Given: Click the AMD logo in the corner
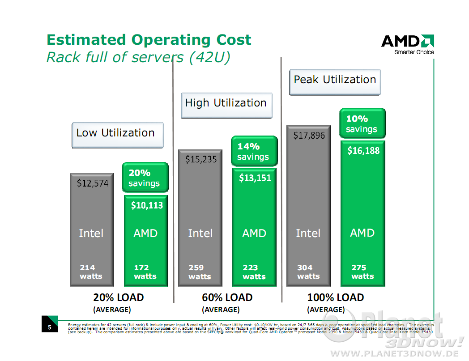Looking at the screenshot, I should tap(407, 44).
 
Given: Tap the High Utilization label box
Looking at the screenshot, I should tap(226, 105).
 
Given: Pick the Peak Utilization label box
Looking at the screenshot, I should tap(335, 82).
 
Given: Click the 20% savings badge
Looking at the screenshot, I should tap(145, 178).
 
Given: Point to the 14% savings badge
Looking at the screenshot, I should tap(254, 151).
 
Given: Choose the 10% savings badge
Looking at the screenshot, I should tap(362, 123).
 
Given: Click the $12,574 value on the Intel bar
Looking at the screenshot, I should tap(92, 183).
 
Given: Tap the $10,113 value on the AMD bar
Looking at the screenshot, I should tap(147, 205).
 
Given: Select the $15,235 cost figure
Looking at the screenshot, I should tap(201, 159).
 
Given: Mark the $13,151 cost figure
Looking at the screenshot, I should tap(255, 178).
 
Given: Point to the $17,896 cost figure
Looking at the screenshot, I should tap(309, 135).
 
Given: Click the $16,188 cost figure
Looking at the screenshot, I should tap(363, 151).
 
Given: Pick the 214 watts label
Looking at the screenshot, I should tap(90, 272).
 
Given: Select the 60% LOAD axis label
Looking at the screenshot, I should tap(227, 297).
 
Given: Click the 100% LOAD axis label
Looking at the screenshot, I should tap(335, 297).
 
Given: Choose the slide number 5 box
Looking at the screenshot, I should tap(50, 327).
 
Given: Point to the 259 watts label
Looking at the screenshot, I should tap(199, 272).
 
